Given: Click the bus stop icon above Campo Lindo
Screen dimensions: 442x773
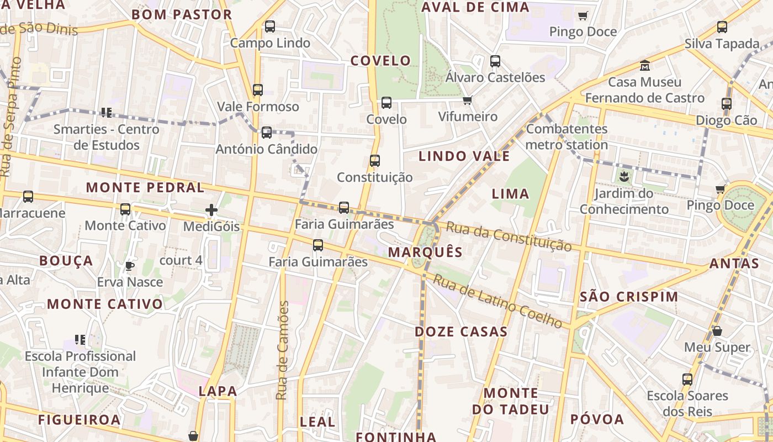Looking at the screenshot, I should (x=270, y=27).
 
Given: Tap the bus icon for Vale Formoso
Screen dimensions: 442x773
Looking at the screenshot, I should (x=258, y=90).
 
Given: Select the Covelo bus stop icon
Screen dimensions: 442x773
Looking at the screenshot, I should (x=386, y=103).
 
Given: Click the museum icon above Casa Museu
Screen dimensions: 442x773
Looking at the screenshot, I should (x=644, y=66).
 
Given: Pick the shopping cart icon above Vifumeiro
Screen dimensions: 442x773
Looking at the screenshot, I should (x=468, y=100).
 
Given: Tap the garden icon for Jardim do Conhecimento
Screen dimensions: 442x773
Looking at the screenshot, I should (x=624, y=177).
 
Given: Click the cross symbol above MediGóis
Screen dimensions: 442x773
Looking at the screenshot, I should (x=211, y=210).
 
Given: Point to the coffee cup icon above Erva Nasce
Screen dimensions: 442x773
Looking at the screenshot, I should (x=130, y=266).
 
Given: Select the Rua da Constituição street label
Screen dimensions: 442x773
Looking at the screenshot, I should (x=508, y=236).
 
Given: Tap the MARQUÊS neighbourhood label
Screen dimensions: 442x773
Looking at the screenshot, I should (x=425, y=252).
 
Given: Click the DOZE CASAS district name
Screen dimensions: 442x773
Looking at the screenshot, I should (x=461, y=332).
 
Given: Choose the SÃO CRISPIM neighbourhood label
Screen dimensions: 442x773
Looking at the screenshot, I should (x=629, y=297).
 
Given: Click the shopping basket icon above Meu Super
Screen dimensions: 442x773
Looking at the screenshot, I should (x=717, y=331).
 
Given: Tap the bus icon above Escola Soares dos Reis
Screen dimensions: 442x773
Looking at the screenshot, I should (x=687, y=380).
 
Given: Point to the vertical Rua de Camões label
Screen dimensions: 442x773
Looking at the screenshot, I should (x=282, y=351).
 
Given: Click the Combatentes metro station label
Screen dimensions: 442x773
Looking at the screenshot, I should (x=566, y=137).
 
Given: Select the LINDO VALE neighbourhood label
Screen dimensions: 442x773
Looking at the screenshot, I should (x=464, y=156).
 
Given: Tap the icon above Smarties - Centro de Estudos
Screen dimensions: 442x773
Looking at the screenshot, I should (x=107, y=113).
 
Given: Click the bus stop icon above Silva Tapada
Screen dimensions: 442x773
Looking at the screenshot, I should (x=722, y=27).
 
